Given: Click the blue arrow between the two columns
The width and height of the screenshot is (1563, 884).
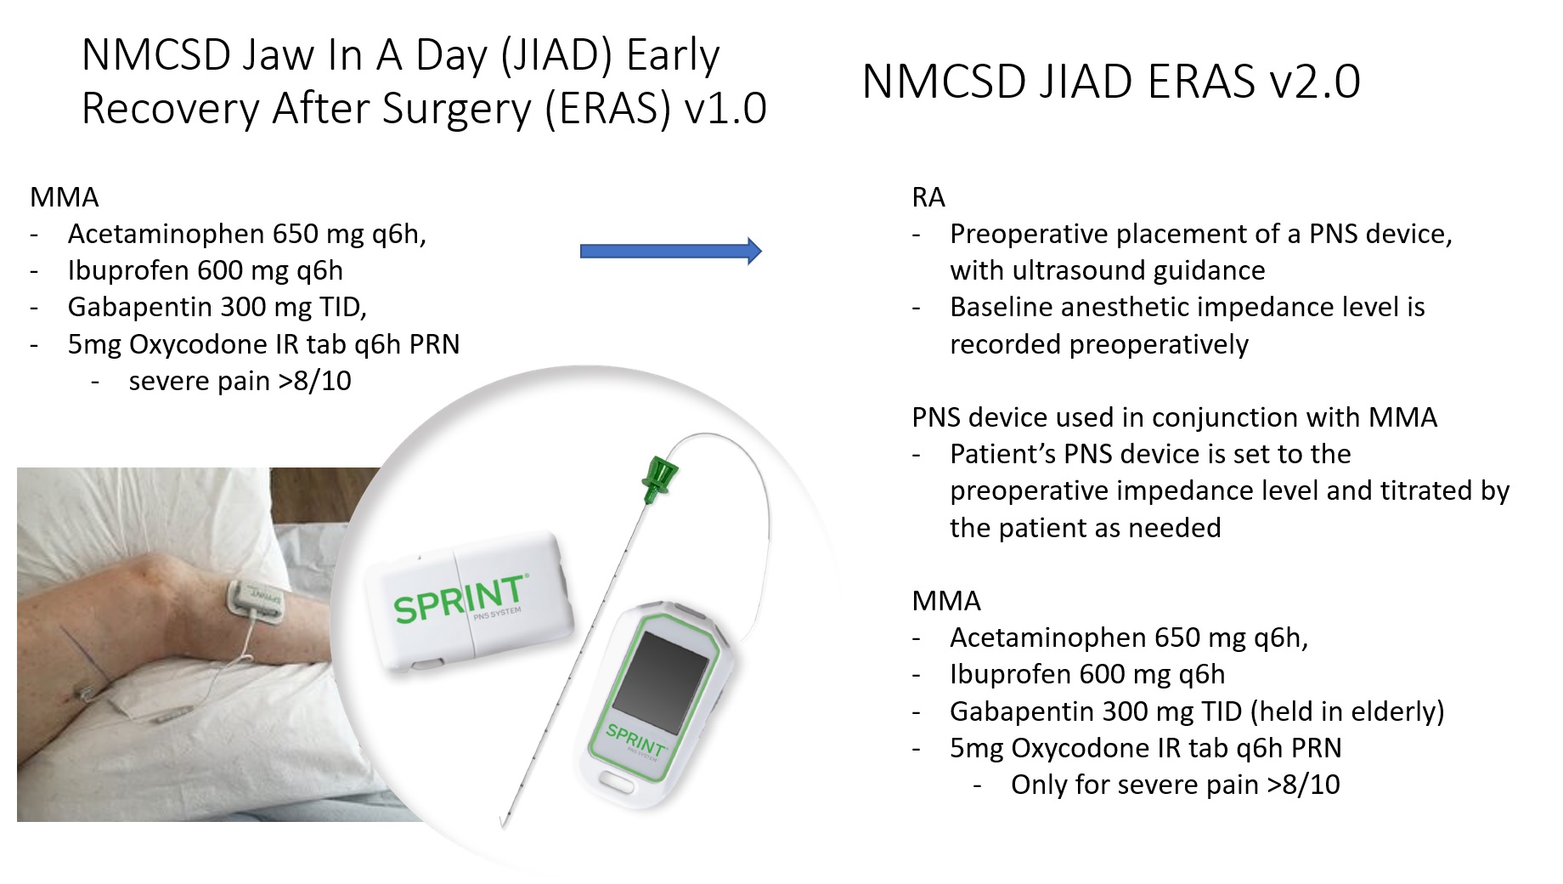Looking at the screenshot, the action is [671, 251].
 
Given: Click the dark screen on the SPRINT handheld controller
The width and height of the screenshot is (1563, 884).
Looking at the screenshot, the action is [660, 682].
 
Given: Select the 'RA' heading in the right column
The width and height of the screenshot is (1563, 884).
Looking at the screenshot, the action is [928, 197].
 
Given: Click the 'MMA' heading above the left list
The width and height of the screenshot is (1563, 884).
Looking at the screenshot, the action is [65, 197].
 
